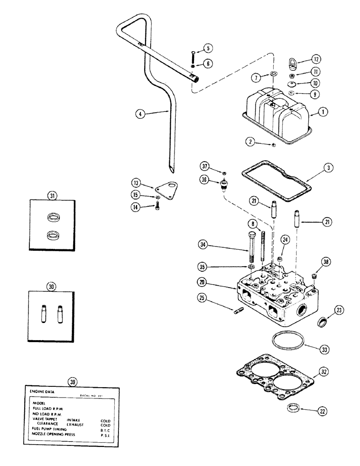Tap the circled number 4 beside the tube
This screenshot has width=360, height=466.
click(138, 113)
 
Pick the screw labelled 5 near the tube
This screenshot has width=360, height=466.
click(191, 57)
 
